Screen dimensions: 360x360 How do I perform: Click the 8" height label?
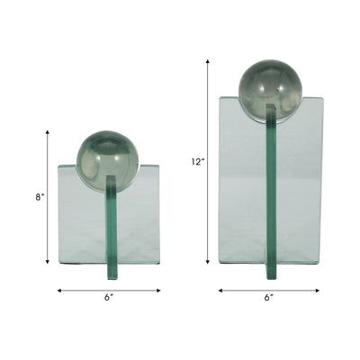[40, 197]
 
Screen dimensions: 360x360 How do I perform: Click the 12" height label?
[198, 161]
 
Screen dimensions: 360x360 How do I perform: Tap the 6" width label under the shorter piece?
[109, 298]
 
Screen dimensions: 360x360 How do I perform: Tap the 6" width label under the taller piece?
[269, 298]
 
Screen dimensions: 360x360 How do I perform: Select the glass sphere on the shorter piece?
[108, 161]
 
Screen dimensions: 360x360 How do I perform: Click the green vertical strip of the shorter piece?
[112, 228]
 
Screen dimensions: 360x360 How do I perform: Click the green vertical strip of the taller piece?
[271, 192]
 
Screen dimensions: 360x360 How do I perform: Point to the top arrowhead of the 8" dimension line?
[47, 132]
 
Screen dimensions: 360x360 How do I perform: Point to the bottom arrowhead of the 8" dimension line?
[47, 262]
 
